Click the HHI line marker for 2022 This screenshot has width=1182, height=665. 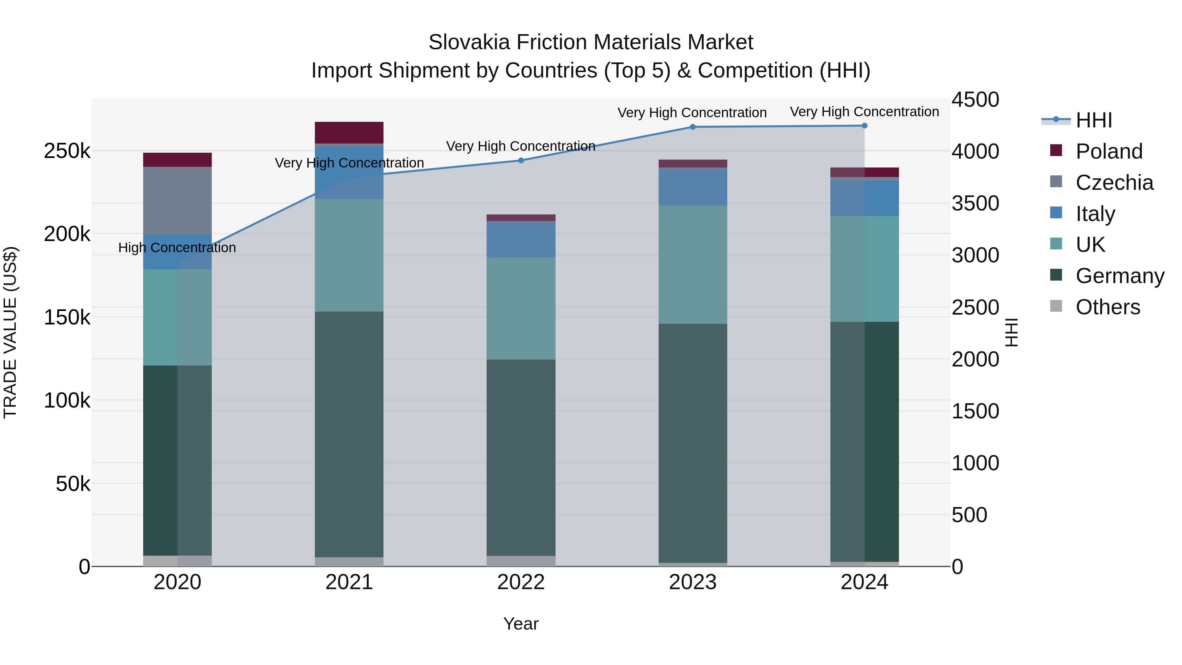(521, 160)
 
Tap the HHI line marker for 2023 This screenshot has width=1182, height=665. (693, 127)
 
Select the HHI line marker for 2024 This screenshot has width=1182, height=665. (865, 125)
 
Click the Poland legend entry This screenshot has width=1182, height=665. (1108, 151)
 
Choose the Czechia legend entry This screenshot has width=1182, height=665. (1114, 183)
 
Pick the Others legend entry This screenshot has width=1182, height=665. (1108, 307)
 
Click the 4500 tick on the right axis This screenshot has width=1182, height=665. (975, 100)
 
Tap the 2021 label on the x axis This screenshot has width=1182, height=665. (349, 582)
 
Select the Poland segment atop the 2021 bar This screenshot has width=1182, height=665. (349, 133)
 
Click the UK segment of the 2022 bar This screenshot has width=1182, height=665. (521, 308)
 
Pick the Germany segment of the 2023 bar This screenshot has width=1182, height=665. (693, 443)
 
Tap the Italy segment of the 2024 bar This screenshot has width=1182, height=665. (865, 198)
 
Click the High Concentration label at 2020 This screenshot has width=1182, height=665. (177, 248)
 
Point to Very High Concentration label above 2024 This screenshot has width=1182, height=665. (865, 112)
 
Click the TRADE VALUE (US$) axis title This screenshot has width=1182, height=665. (10, 332)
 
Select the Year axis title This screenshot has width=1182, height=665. (521, 624)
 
